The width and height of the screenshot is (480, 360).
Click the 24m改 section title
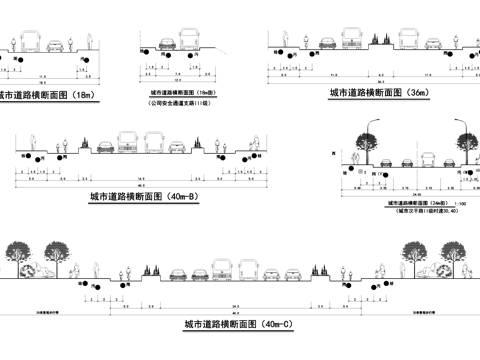point(413,203)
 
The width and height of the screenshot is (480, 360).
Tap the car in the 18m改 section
point(162,45)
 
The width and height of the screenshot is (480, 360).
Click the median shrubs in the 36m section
point(378,40)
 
